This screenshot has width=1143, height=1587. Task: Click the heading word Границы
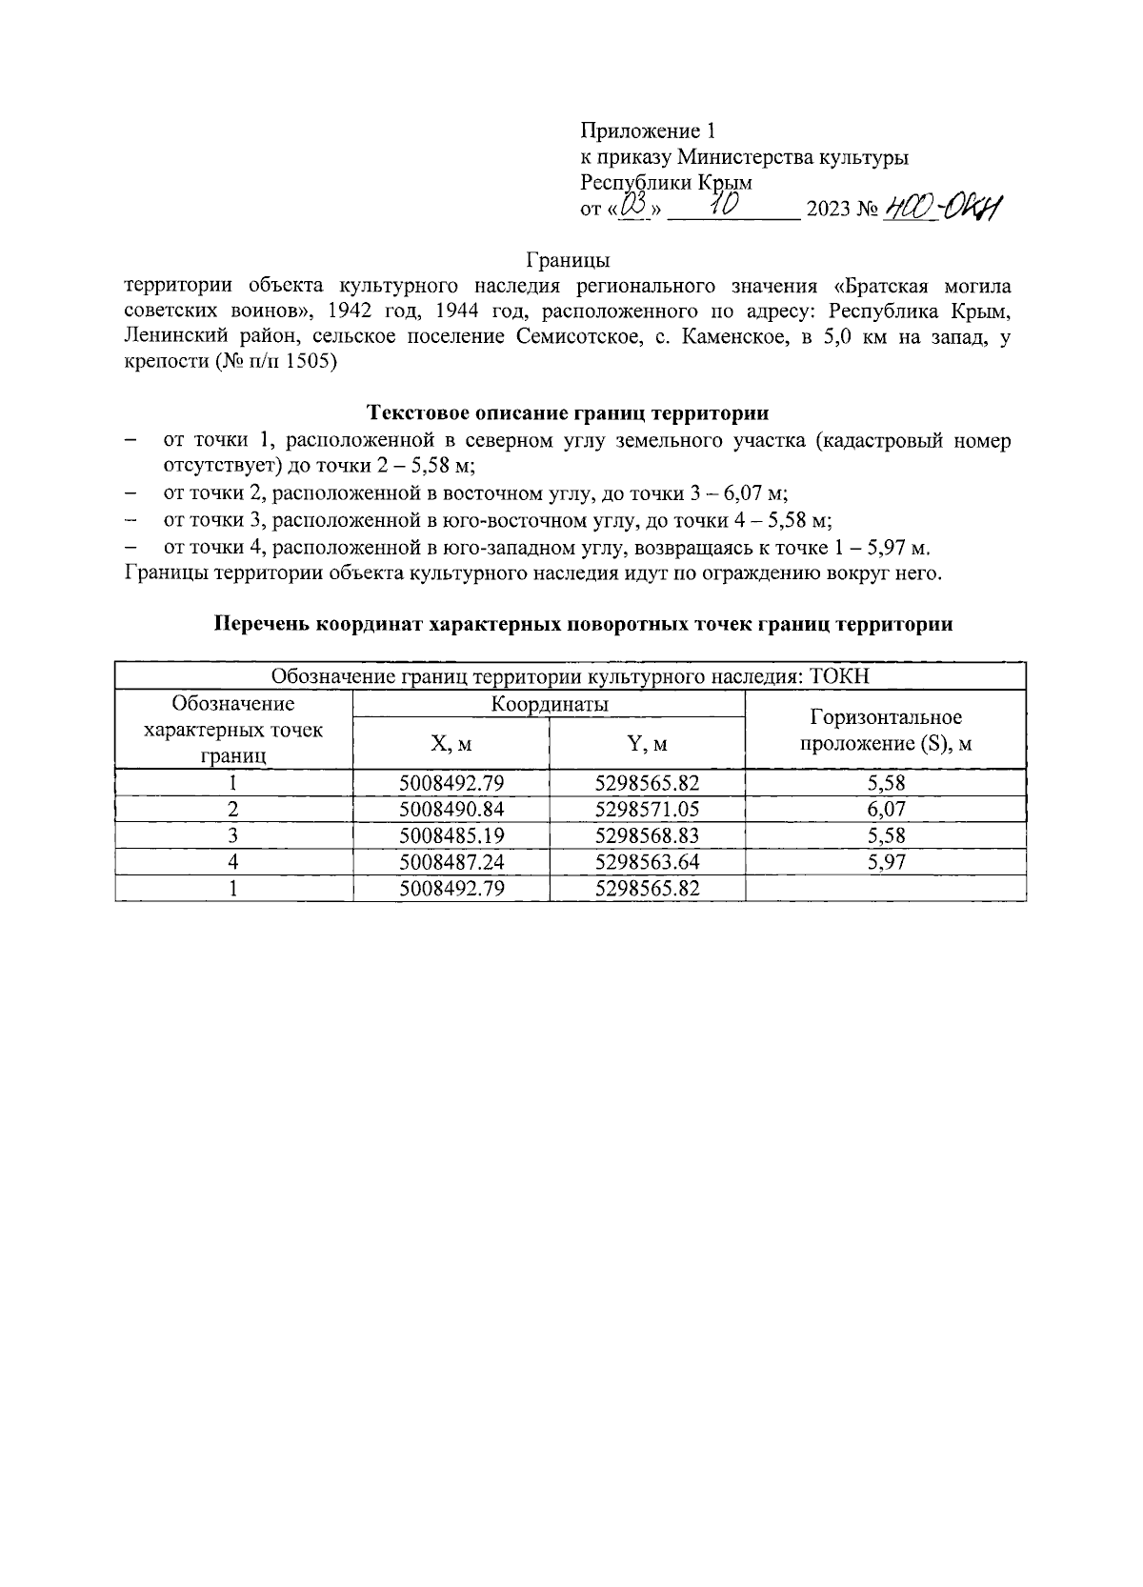click(x=568, y=260)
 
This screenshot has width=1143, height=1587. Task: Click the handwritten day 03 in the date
click(x=633, y=206)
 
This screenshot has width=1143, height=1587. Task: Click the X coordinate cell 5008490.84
click(x=451, y=810)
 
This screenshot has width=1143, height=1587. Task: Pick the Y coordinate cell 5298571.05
click(x=647, y=810)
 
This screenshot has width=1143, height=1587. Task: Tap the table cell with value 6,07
click(x=886, y=810)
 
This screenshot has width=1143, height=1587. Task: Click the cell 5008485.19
click(x=451, y=835)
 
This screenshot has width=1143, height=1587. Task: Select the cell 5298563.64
click(x=647, y=862)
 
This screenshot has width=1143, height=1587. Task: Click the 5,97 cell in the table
click(x=886, y=862)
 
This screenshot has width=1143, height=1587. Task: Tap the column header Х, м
click(x=451, y=744)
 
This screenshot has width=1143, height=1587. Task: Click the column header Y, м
click(x=647, y=744)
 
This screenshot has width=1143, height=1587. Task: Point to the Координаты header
click(x=550, y=705)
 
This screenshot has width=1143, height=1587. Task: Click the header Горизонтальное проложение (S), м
click(x=886, y=731)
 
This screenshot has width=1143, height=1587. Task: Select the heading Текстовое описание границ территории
click(x=568, y=413)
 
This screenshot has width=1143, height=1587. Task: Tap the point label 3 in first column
click(x=233, y=835)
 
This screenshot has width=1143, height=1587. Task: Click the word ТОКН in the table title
click(x=841, y=677)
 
